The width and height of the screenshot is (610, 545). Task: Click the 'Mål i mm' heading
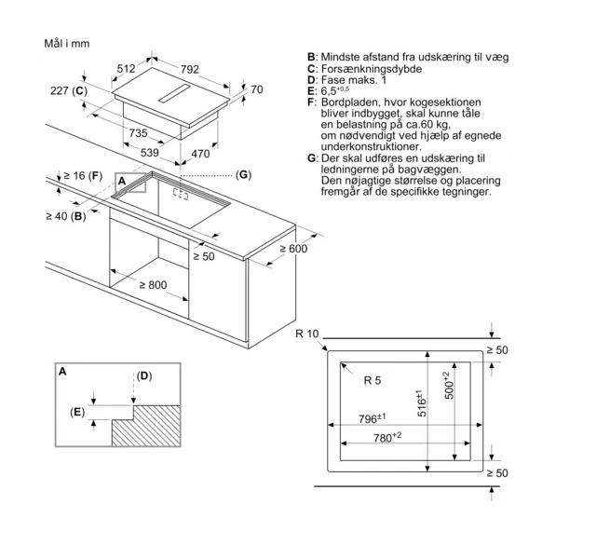click(x=68, y=44)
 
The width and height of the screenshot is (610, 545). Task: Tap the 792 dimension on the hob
click(x=190, y=68)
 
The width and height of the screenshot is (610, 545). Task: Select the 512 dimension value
click(x=128, y=68)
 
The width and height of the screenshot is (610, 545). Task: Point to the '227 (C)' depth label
click(x=68, y=90)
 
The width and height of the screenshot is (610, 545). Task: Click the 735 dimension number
click(x=139, y=134)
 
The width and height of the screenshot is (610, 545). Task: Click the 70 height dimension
click(x=257, y=89)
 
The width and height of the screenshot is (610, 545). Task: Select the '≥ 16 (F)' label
click(x=80, y=175)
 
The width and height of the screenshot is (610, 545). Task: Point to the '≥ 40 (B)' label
click(x=65, y=216)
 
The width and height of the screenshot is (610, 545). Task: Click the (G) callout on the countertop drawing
click(x=243, y=174)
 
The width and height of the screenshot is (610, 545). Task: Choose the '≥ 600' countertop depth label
click(x=291, y=249)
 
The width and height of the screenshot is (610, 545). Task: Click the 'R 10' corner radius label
click(x=306, y=334)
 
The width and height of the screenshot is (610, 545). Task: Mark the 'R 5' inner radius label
click(x=373, y=378)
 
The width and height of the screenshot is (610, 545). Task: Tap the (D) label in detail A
click(x=143, y=376)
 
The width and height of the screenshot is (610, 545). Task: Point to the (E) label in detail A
click(x=77, y=411)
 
